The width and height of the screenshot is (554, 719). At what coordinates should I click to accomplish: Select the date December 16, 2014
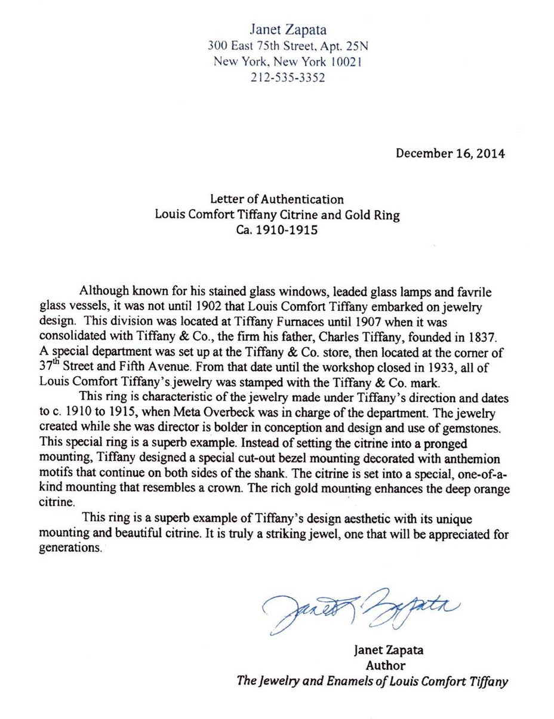pos(450,153)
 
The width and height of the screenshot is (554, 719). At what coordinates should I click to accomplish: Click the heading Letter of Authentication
pos(276,199)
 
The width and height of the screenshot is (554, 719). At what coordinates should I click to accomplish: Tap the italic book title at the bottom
pos(372,681)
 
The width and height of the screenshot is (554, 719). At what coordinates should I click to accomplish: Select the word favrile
pos(470,292)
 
